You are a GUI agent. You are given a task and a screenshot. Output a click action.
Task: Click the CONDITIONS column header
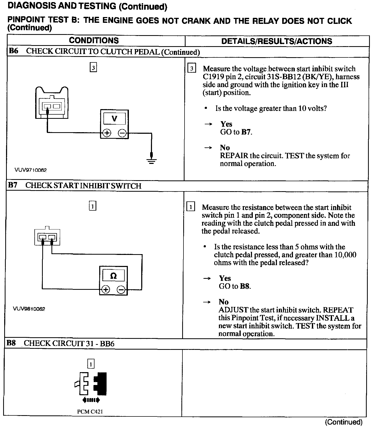94,41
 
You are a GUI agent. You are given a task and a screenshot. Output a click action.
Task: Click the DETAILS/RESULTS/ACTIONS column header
277,41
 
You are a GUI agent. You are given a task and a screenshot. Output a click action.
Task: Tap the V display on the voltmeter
114,119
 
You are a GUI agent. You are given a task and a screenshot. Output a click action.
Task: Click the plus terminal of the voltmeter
107,133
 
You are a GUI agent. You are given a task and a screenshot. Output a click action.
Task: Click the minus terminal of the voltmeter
122,133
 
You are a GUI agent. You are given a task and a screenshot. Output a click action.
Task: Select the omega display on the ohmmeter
113,276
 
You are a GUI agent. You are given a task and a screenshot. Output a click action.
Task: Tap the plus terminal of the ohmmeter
106,290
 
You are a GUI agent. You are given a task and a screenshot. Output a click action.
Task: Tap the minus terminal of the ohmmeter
121,290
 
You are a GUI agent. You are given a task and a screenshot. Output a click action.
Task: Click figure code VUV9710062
31,170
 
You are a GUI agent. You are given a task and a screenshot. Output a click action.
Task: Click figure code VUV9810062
29,309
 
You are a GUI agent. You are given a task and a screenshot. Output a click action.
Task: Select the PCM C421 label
90,411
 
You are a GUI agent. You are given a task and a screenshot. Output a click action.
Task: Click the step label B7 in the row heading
12,185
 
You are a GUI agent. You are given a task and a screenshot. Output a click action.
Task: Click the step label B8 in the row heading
11,343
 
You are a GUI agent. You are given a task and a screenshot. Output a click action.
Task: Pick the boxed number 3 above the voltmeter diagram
93,68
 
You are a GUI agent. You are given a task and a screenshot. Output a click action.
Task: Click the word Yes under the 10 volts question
226,124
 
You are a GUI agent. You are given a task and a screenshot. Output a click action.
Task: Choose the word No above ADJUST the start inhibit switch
224,302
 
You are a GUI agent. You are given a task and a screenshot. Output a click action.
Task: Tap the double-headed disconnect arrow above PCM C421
91,400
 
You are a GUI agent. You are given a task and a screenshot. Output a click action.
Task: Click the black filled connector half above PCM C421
101,384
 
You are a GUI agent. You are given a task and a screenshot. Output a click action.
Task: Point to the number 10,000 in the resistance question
345,255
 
